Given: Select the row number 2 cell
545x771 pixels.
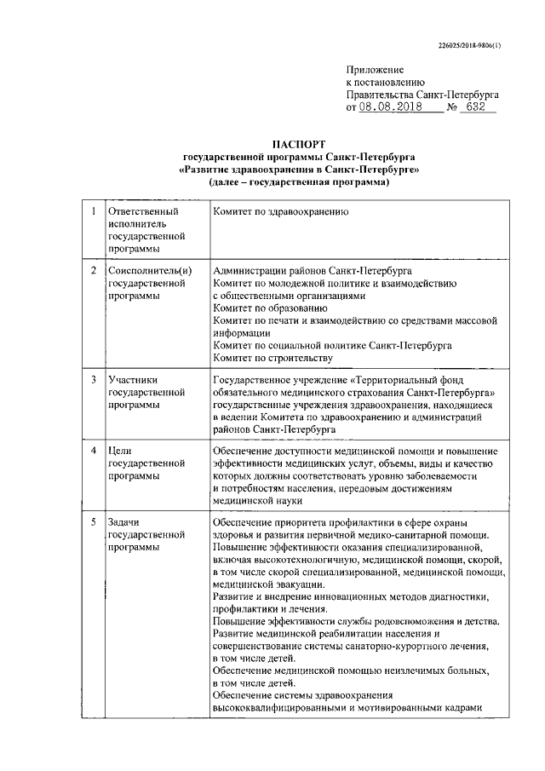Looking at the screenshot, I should click(92, 270).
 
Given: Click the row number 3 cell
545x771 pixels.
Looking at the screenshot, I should click(92, 377).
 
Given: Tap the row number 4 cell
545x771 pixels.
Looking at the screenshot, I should click(92, 449).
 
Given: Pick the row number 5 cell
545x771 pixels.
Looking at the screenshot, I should click(92, 521).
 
